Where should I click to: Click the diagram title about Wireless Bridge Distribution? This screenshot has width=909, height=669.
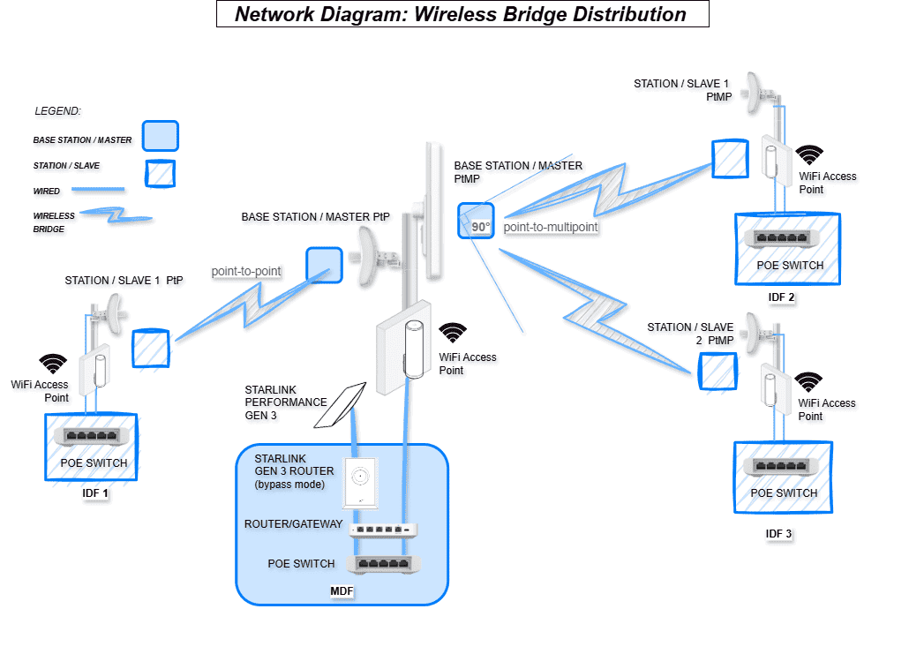(x=462, y=14)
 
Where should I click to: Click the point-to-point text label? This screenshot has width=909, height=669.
(x=246, y=272)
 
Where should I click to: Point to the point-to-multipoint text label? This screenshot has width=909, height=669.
(x=551, y=227)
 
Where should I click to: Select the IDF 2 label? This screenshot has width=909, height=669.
(x=781, y=297)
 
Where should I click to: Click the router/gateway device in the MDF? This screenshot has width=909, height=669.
(x=383, y=530)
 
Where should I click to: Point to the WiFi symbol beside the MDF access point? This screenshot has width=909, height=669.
(x=454, y=333)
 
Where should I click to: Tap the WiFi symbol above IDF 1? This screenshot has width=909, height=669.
(x=53, y=363)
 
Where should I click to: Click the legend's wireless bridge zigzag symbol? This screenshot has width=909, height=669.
(x=116, y=216)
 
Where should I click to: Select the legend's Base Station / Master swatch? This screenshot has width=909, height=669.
(x=160, y=136)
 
